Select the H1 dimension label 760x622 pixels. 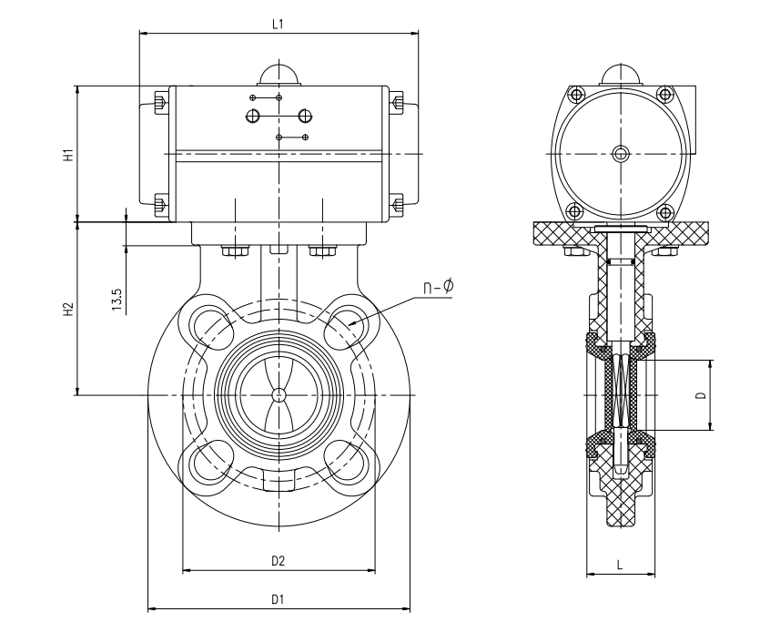(x=67, y=155)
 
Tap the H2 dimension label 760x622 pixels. (x=67, y=310)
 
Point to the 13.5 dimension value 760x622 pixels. (x=117, y=300)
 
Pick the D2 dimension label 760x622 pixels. (x=279, y=562)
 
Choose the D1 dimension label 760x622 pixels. (x=279, y=600)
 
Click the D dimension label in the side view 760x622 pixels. (x=699, y=395)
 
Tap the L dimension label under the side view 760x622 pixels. (x=620, y=565)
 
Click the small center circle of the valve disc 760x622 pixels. (x=279, y=394)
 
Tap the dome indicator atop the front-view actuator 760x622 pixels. (x=279, y=75)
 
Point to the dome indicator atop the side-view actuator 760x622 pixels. (x=620, y=75)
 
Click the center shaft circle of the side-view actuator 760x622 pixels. (x=620, y=153)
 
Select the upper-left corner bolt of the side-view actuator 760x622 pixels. (x=575, y=95)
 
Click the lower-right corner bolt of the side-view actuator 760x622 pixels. (x=665, y=211)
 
